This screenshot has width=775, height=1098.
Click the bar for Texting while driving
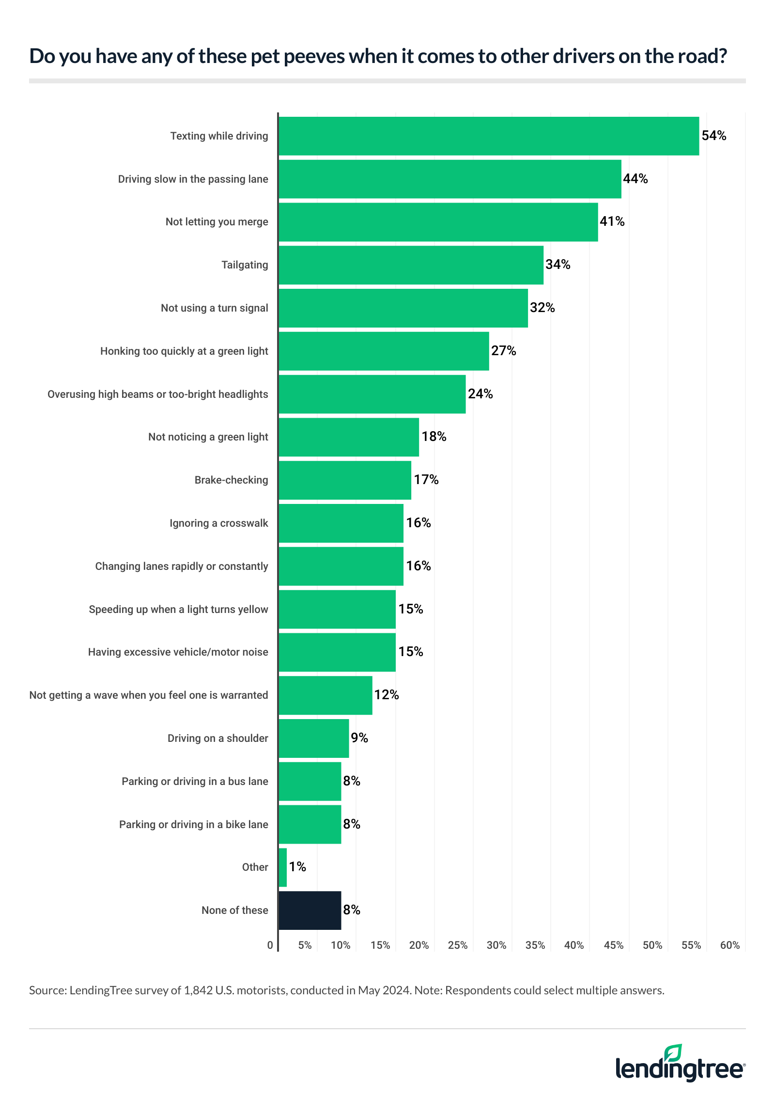(488, 136)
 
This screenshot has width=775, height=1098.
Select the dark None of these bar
(310, 910)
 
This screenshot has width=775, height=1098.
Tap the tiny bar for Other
(283, 867)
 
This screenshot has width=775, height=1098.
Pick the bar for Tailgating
(411, 265)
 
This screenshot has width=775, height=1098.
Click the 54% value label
(713, 136)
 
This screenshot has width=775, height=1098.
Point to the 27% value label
(503, 351)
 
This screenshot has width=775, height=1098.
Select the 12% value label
(386, 695)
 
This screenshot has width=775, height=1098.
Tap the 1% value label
(297, 867)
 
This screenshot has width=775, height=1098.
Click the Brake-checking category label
(231, 480)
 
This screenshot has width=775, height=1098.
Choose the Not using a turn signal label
(214, 308)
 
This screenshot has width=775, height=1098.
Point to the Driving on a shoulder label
(217, 738)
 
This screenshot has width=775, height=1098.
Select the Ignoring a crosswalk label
(218, 523)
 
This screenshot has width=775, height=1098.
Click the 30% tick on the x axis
(496, 945)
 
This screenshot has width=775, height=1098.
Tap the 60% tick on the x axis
(729, 945)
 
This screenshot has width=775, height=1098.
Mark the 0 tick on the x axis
(270, 945)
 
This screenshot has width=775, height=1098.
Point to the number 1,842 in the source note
(198, 990)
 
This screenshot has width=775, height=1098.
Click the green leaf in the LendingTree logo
(673, 1053)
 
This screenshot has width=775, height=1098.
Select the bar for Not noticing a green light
(349, 437)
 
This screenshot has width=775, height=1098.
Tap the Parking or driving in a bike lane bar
(310, 824)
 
